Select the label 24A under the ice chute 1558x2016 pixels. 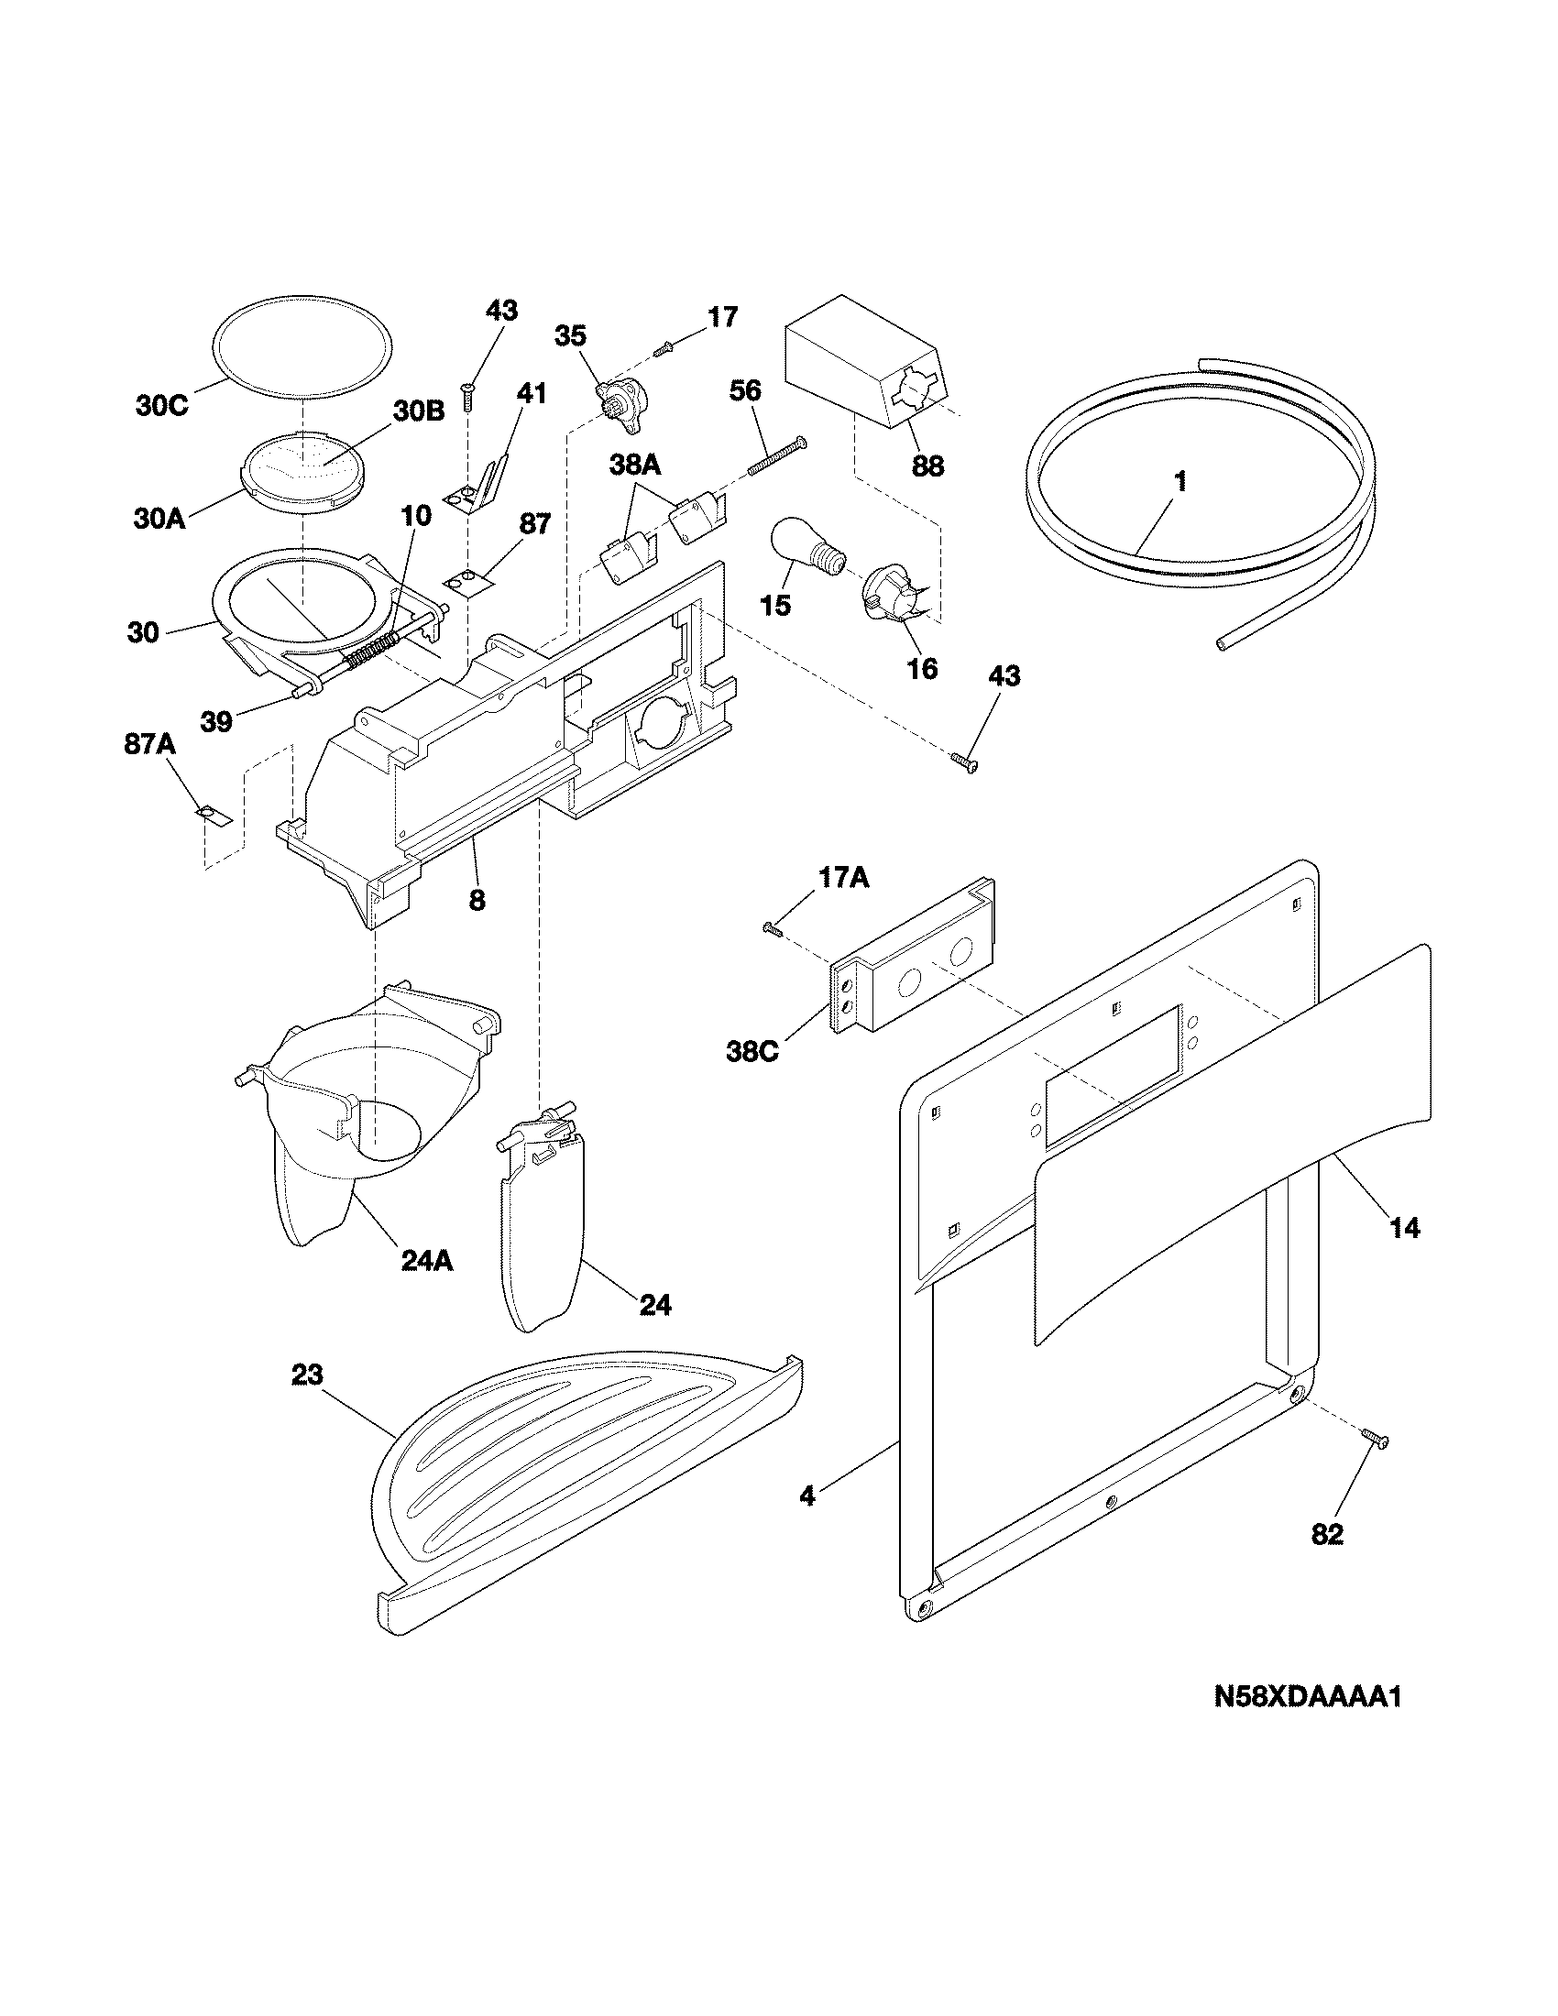(x=426, y=1261)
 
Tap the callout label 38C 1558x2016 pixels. (x=752, y=1052)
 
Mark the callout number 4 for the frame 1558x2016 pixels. (x=807, y=1497)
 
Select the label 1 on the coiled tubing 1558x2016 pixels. (x=1179, y=482)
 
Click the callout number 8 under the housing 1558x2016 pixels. (x=477, y=900)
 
